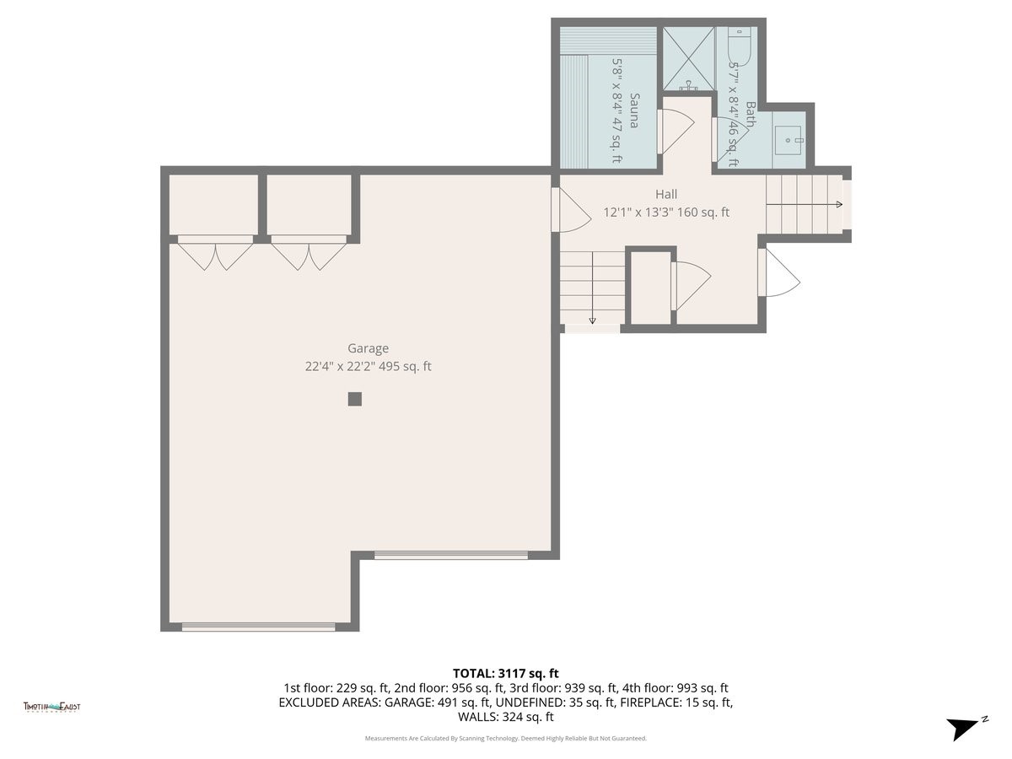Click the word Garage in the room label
(x=369, y=348)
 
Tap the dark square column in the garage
(x=355, y=399)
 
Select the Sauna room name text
(x=633, y=110)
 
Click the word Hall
(x=666, y=195)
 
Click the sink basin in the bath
(x=790, y=140)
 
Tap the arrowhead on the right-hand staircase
(x=838, y=205)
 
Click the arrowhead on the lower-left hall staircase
(x=592, y=320)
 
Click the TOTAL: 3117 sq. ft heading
(x=506, y=673)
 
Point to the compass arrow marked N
(x=964, y=728)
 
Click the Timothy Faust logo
(x=51, y=708)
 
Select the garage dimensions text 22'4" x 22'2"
(x=342, y=367)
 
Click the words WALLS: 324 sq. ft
(x=506, y=718)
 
